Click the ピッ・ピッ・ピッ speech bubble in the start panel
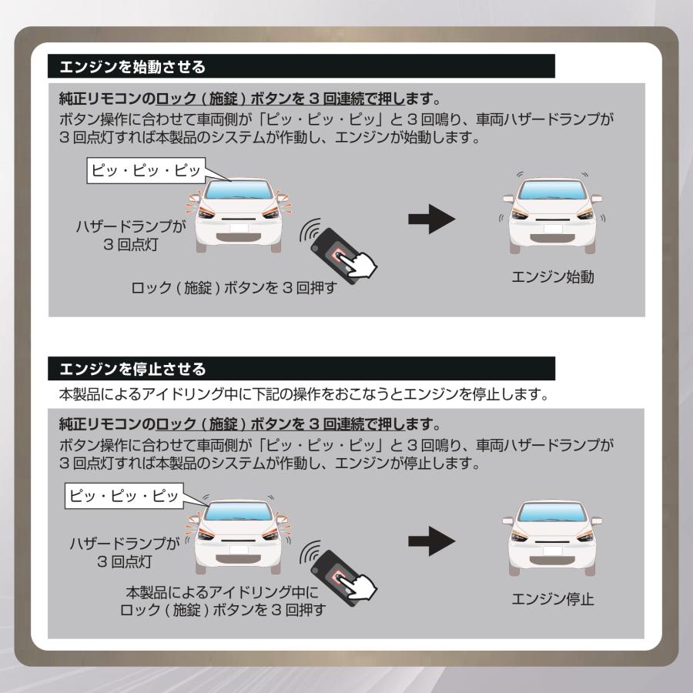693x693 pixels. (x=146, y=169)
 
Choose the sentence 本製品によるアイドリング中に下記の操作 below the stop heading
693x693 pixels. (x=308, y=396)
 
